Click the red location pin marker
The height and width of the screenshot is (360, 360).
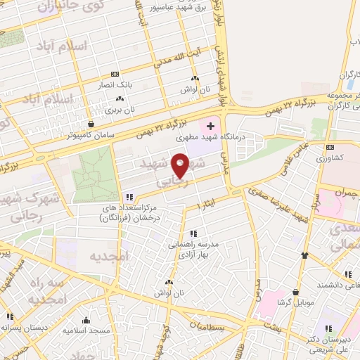coord(181,165)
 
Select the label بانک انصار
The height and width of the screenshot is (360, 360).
coord(115,84)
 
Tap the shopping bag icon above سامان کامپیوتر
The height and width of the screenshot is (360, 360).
coord(90,124)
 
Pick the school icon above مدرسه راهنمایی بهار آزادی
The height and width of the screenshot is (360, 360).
coord(193,233)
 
